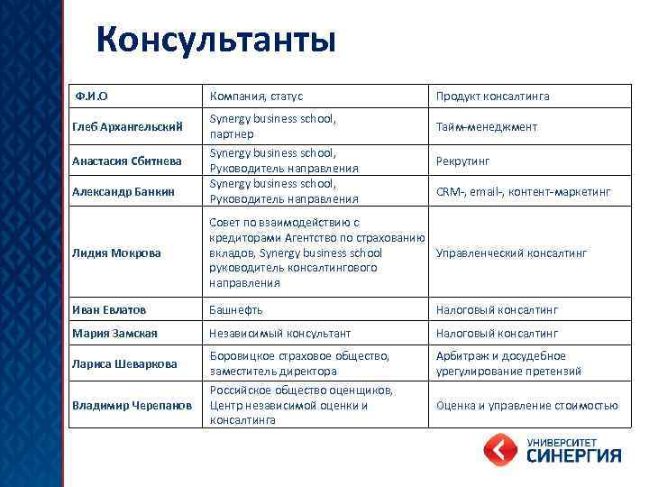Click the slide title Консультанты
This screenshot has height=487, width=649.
click(215, 41)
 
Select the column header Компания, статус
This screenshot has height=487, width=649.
click(256, 96)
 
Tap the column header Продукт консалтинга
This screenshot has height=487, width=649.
click(492, 96)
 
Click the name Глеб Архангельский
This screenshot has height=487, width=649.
click(129, 127)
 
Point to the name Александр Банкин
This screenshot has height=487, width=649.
click(123, 191)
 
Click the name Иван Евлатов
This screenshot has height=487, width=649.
click(109, 309)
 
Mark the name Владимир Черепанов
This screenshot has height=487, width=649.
click(133, 405)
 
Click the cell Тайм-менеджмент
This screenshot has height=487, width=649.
click(486, 127)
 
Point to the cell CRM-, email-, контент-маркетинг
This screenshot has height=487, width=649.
click(523, 191)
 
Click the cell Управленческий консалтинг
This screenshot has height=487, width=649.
click(511, 253)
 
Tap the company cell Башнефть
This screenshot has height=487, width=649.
click(235, 309)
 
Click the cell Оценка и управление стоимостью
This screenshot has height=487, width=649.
click(526, 405)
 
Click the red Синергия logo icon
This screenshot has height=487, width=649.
click(501, 450)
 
